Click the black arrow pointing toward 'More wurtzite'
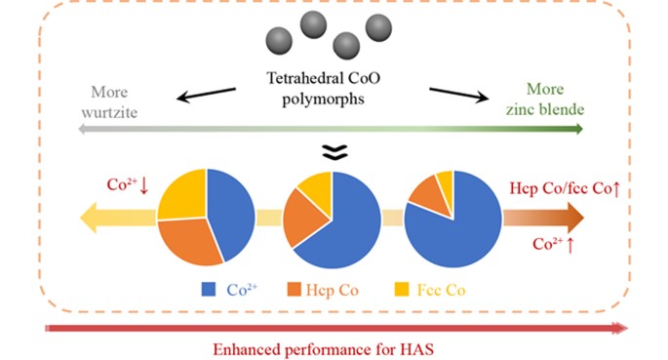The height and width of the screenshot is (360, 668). tap(206, 95)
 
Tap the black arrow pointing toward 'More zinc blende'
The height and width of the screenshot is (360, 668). tap(458, 94)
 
